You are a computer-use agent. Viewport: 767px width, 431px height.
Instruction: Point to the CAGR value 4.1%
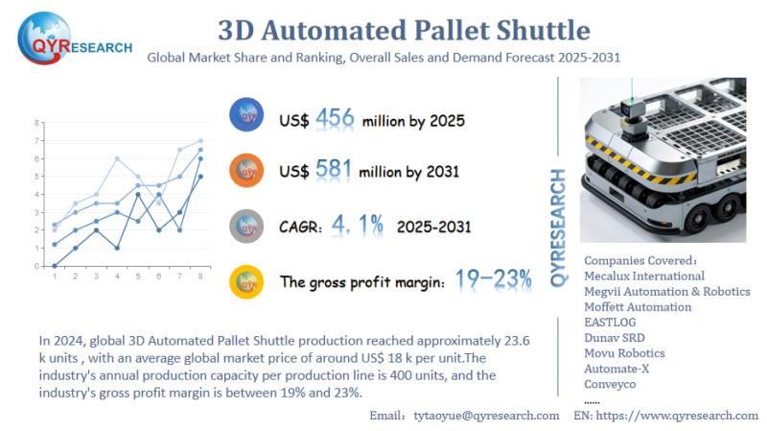(x=357, y=226)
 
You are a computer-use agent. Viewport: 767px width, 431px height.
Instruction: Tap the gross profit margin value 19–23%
(x=493, y=279)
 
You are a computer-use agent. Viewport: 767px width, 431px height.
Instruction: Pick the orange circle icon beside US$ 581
(x=248, y=171)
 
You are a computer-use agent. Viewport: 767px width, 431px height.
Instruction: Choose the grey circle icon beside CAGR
(x=248, y=226)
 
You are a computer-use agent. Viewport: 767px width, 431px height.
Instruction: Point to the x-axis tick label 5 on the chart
(x=138, y=276)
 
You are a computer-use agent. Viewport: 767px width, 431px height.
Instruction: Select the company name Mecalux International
(x=644, y=276)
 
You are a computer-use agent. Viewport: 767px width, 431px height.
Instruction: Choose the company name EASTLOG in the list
(x=615, y=323)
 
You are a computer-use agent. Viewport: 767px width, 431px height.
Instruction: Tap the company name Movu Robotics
(x=624, y=353)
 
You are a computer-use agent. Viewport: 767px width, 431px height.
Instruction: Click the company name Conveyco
(x=611, y=384)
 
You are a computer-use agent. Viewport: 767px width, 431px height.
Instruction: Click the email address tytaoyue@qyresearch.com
(x=486, y=415)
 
